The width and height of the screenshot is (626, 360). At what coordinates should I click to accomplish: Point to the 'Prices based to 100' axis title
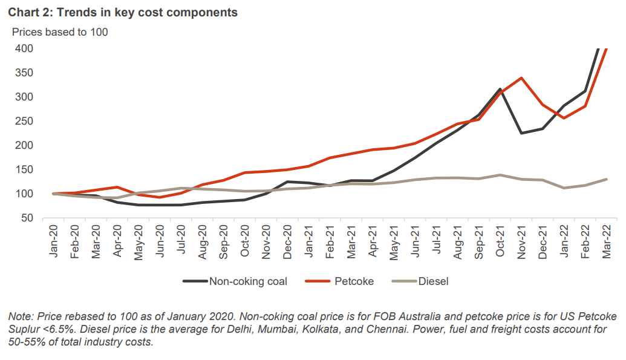[60, 32]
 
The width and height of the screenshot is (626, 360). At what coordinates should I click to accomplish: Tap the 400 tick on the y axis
[24, 48]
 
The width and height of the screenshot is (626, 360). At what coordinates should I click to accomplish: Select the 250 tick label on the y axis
[24, 121]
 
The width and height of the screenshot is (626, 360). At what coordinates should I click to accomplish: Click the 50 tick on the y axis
[27, 218]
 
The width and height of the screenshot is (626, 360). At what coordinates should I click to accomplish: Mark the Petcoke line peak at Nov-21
[521, 78]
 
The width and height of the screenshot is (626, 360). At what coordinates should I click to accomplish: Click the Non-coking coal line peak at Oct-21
[500, 89]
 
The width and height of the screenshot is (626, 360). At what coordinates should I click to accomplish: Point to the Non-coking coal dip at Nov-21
[521, 133]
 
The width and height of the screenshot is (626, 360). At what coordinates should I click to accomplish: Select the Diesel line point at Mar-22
[606, 179]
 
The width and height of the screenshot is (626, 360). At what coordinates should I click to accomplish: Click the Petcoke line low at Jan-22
[564, 118]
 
